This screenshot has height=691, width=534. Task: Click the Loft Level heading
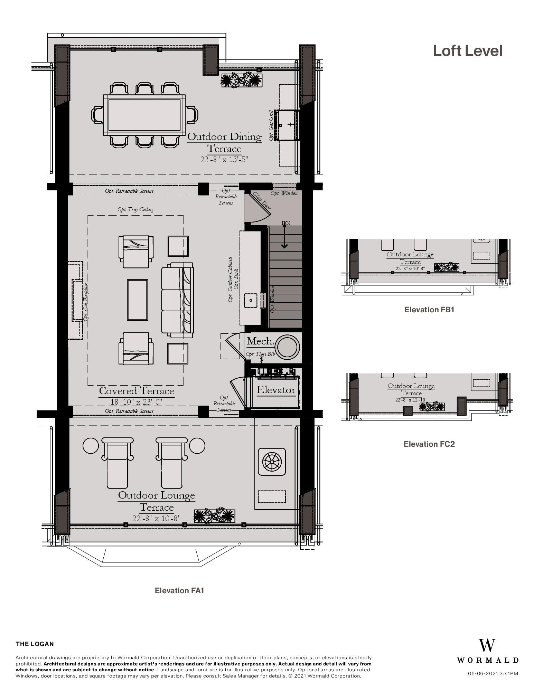point(467,51)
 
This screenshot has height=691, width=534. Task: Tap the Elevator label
point(276,390)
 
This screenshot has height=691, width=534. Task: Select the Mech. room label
point(260,341)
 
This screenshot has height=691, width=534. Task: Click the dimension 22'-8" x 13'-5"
point(224,159)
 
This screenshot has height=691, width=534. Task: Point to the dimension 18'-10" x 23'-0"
point(136,402)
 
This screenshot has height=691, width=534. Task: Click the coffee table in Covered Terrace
point(137,300)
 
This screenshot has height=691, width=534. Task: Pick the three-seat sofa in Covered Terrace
point(177,300)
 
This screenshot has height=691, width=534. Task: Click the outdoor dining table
point(144,115)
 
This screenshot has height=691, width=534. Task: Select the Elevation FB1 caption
point(429,310)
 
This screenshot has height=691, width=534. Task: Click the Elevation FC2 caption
point(429,444)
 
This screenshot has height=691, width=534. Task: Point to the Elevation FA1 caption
point(179,590)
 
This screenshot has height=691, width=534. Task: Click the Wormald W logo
point(487,645)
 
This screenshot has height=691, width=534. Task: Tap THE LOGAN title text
point(35,644)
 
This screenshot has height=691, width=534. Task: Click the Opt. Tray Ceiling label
point(135,209)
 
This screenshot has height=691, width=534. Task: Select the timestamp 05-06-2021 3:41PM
point(493,673)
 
